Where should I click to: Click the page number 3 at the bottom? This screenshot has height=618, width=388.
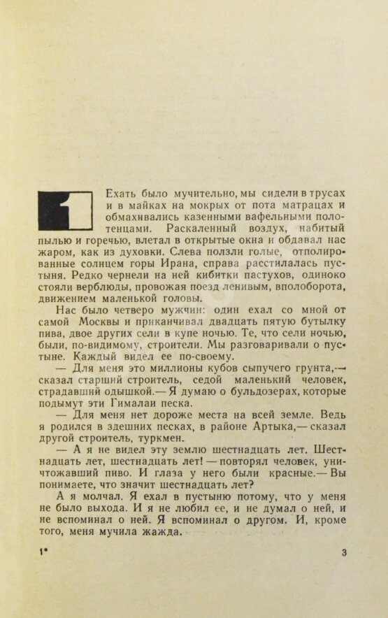(x=343, y=553)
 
